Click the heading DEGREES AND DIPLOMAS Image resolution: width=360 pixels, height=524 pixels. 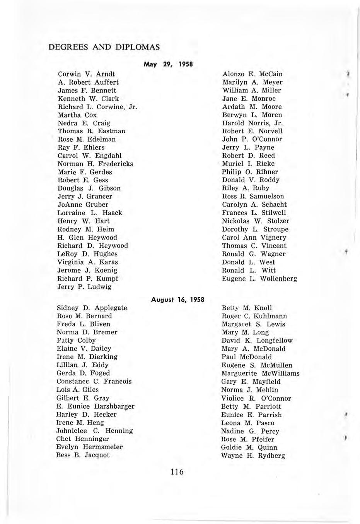tap(104, 47)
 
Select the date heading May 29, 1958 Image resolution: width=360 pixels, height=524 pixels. tap(168, 64)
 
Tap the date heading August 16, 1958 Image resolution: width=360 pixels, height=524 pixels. tap(177, 299)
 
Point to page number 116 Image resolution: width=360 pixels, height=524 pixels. tap(176, 472)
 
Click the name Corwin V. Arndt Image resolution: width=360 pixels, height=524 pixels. tap(87, 74)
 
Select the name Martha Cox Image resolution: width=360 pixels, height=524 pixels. tap(77, 115)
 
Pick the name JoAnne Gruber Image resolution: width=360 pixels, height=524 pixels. tap(83, 204)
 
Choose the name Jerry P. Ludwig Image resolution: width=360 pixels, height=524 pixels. tap(84, 287)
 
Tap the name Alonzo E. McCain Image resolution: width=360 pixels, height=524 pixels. tap(253, 74)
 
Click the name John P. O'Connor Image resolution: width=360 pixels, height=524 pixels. tap(252, 139)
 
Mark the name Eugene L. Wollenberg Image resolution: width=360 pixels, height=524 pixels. tap(259, 279)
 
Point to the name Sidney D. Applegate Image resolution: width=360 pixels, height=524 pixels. tap(92, 308)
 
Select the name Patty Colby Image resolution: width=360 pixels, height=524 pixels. tap(76, 341)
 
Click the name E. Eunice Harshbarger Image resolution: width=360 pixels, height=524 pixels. tap(96, 406)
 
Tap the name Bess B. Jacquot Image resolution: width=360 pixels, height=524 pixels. tap(83, 455)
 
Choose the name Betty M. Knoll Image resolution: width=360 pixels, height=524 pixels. tap(247, 308)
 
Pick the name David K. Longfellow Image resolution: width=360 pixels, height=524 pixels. tap(257, 341)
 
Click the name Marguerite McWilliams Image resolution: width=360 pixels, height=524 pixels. tap(260, 373)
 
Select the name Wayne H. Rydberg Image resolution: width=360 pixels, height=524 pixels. tap(253, 456)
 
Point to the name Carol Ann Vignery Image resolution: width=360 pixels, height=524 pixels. tap(254, 238)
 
